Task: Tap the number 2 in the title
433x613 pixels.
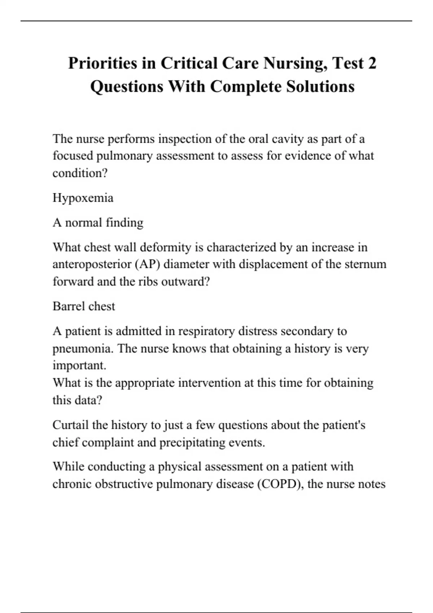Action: pos(372,63)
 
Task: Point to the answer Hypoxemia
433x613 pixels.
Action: pos(83,198)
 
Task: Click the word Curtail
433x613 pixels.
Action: pos(70,425)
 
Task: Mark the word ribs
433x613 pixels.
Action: pos(148,282)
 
